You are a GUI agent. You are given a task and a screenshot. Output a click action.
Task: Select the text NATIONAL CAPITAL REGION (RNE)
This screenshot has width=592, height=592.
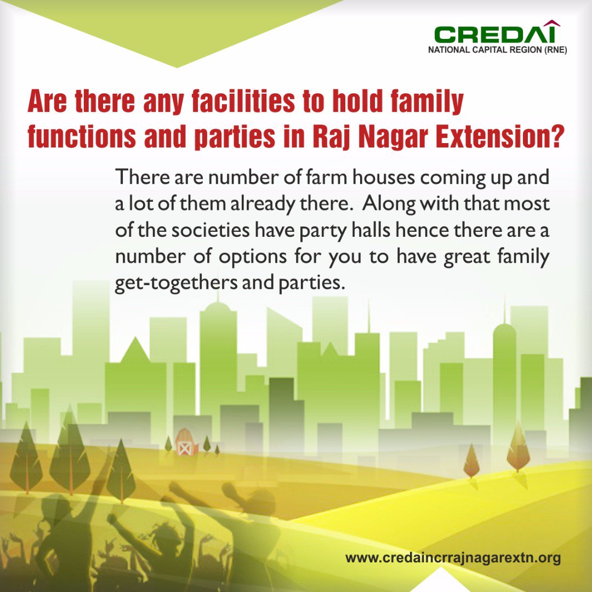[x=497, y=50]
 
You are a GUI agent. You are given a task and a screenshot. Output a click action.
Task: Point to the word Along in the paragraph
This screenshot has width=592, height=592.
[x=391, y=203]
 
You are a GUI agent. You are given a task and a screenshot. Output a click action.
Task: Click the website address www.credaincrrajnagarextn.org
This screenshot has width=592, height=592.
[x=453, y=559]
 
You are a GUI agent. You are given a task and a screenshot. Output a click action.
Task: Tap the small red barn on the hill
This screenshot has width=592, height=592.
[x=186, y=443]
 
